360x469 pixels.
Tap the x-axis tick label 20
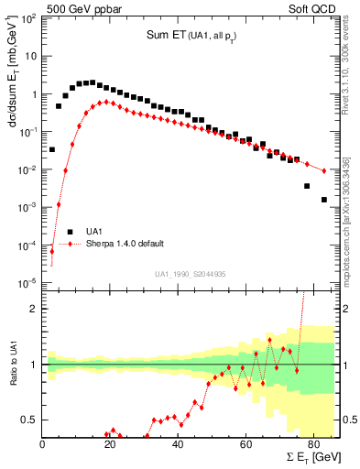pos(110,446)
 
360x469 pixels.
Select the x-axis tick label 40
pos(178,446)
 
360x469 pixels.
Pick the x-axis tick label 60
pos(245,446)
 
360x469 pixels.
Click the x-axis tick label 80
pos(312,446)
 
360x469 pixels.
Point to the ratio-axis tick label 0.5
pos(29,420)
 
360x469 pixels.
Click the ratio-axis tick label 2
pos(34,309)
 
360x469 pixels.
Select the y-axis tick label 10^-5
pos(27,282)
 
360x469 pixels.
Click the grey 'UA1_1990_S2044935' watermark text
pos(190,273)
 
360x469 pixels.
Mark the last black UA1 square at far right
pos(324,199)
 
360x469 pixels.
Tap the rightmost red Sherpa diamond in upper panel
pos(324,170)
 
